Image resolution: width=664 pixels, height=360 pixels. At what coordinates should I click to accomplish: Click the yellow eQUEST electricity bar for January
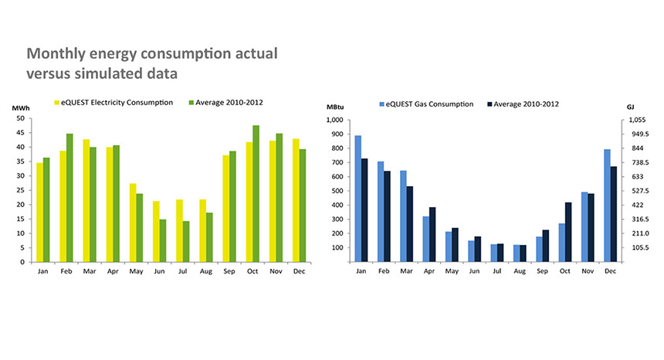(x=39, y=212)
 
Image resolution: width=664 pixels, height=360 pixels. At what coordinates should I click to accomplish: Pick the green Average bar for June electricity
(x=163, y=240)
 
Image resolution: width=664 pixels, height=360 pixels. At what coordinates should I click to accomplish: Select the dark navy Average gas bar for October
(x=569, y=232)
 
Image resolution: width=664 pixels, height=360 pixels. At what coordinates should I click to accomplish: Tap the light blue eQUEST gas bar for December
(x=608, y=205)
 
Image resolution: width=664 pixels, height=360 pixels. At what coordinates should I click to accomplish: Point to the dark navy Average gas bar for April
(x=432, y=234)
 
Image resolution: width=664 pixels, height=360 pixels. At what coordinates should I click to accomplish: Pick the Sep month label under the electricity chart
(x=229, y=271)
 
